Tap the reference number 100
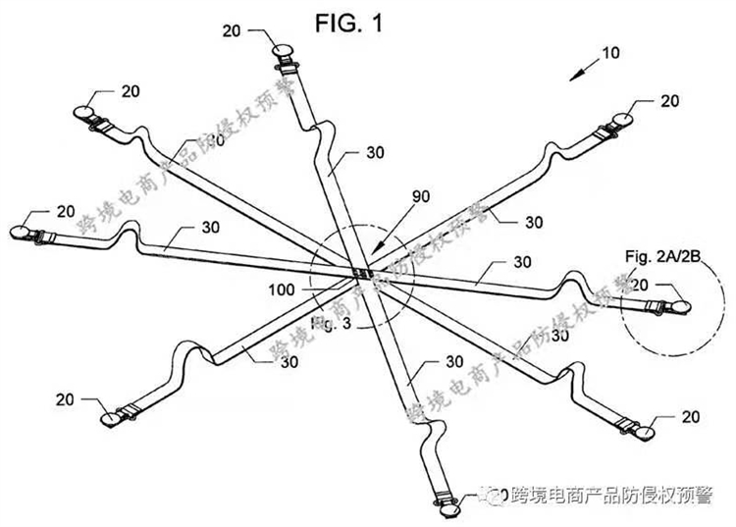tap(280, 290)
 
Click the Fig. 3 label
tap(326, 320)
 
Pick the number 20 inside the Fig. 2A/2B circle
tap(639, 285)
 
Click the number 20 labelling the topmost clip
tap(232, 31)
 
